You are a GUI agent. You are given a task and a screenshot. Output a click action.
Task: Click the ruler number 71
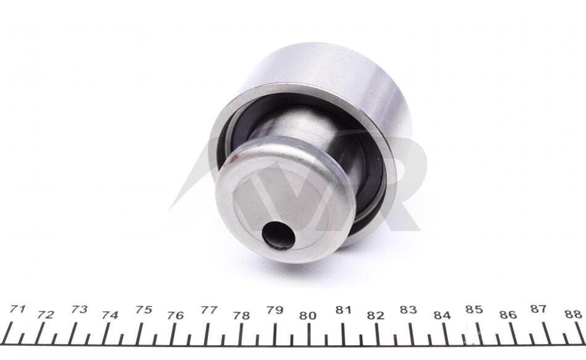click(17, 309)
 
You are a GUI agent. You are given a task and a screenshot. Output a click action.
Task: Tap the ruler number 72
click(46, 315)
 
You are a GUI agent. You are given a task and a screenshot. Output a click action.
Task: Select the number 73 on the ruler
click(79, 309)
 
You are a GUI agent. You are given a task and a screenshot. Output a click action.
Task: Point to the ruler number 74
click(110, 315)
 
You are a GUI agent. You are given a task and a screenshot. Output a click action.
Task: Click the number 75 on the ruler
click(144, 309)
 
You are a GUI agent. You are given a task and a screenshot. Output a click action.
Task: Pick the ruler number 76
click(175, 316)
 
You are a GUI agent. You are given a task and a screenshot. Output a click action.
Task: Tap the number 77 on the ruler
click(209, 310)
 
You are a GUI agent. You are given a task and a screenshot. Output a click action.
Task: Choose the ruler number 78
click(241, 316)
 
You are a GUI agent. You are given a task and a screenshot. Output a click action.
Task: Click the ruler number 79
click(274, 310)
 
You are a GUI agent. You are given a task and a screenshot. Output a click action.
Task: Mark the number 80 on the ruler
click(308, 316)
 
